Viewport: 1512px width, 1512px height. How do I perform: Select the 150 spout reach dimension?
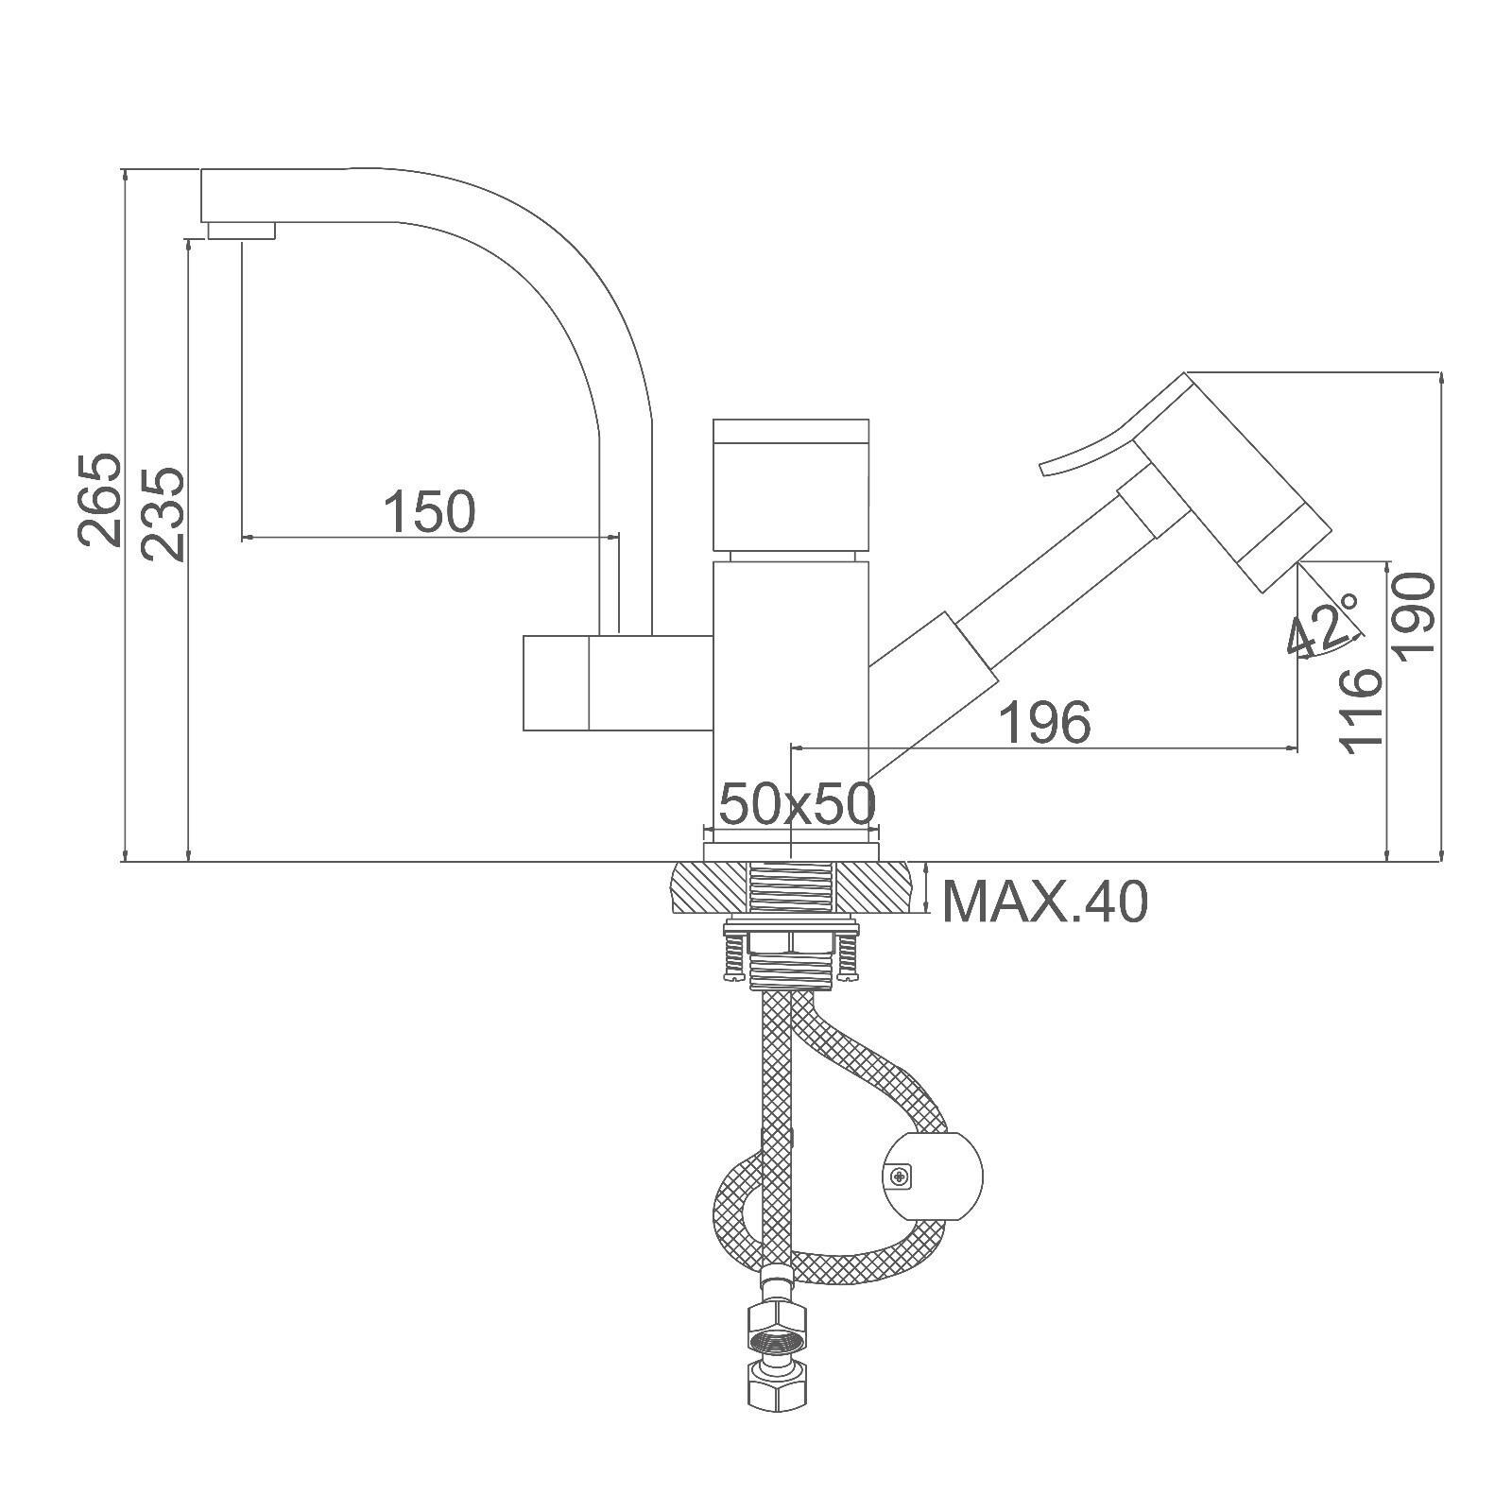point(429,511)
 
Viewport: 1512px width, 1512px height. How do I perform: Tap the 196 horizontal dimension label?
point(1044,722)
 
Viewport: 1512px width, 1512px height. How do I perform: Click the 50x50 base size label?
point(798,804)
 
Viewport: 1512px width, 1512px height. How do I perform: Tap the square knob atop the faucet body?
point(790,487)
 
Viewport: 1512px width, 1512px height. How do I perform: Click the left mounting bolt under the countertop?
point(733,955)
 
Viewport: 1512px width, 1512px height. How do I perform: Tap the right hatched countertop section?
point(877,888)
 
